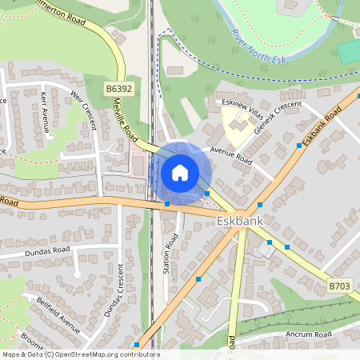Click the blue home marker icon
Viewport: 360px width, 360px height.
[x=180, y=172]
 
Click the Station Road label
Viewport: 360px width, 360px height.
[x=169, y=259]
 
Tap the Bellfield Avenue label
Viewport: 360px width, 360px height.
[x=58, y=315]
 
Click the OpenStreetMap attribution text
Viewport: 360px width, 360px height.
[x=80, y=354]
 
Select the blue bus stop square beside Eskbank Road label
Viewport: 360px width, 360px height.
[x=298, y=146]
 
